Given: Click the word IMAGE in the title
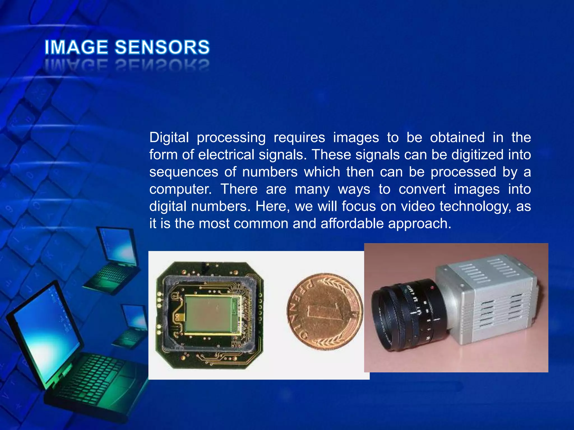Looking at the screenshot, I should coord(76,47).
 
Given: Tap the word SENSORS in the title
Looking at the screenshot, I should coord(162,47).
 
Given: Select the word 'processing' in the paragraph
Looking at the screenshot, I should coord(231,138).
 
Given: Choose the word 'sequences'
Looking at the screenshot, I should coord(184,172).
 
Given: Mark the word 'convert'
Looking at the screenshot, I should coord(422,189).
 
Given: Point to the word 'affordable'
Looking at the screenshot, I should coord(352,223).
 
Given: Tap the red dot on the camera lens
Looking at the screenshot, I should coord(432,288).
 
